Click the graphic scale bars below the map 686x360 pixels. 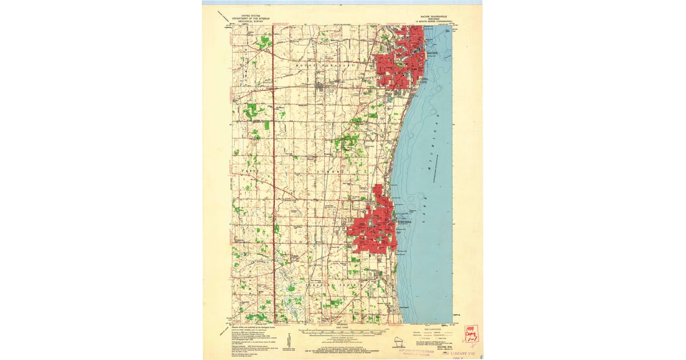343,331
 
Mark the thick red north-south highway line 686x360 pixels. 273,171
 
